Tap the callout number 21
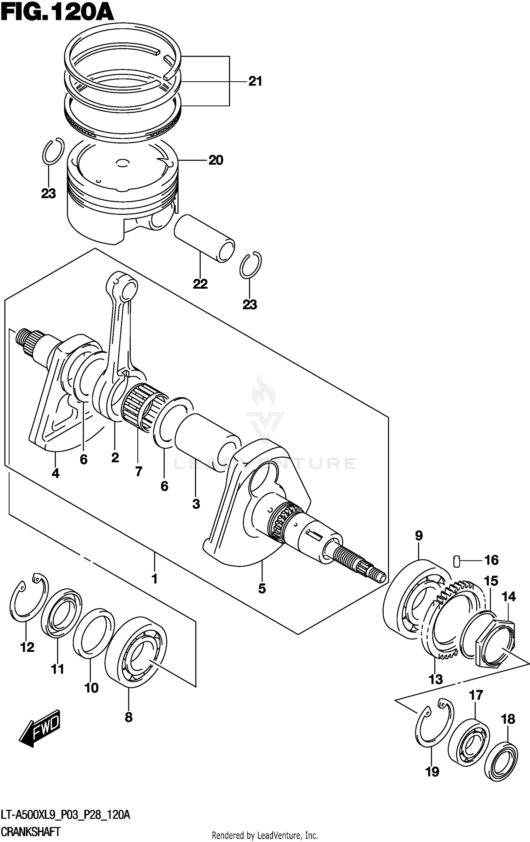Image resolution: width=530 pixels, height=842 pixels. [255, 82]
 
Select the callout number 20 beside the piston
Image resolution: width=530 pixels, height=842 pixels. [216, 160]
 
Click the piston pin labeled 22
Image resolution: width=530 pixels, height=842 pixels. [204, 239]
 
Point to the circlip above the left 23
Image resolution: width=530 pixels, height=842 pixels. [53, 151]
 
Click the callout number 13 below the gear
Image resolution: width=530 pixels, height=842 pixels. [435, 679]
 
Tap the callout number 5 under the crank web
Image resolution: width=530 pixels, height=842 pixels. [262, 589]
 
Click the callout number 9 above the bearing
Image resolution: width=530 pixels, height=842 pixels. [419, 536]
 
